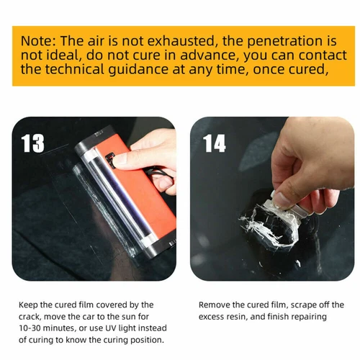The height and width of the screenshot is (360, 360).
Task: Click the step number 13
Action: pyautogui.click(x=33, y=143)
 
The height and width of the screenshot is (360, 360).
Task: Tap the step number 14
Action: pyautogui.click(x=215, y=143)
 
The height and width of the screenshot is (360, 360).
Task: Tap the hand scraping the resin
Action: pyautogui.click(x=310, y=166)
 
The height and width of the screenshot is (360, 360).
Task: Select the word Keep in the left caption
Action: pyautogui.click(x=30, y=305)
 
